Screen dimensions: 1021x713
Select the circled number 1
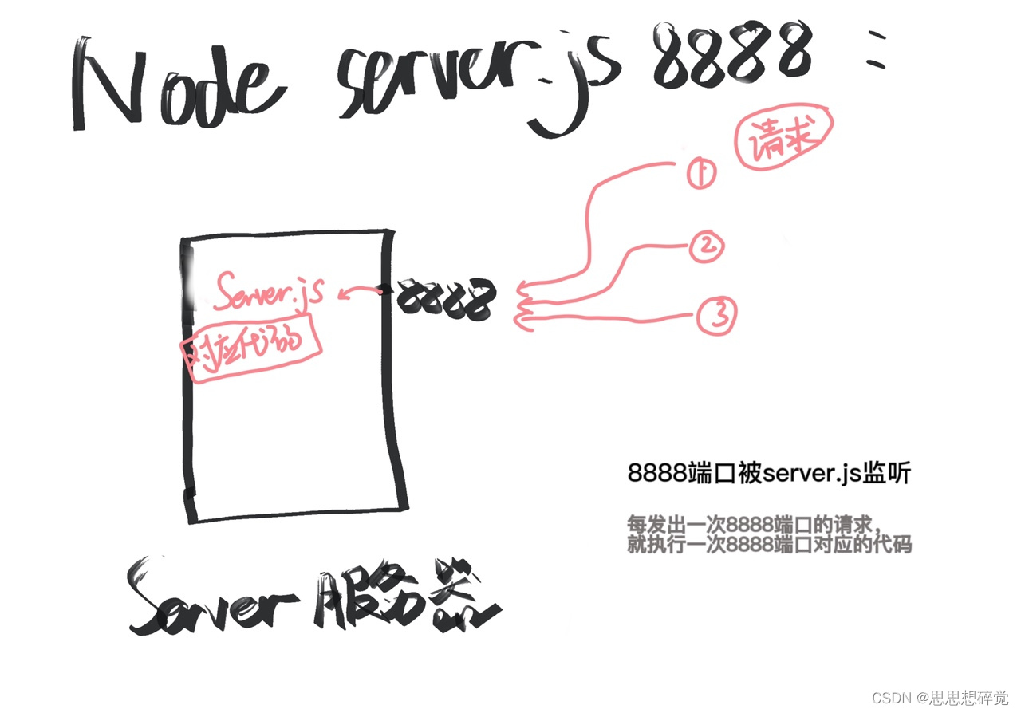tap(701, 173)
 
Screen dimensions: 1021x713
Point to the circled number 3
tap(717, 317)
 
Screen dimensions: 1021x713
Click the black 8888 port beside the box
tap(446, 299)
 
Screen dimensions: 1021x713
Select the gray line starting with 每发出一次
tap(754, 526)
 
